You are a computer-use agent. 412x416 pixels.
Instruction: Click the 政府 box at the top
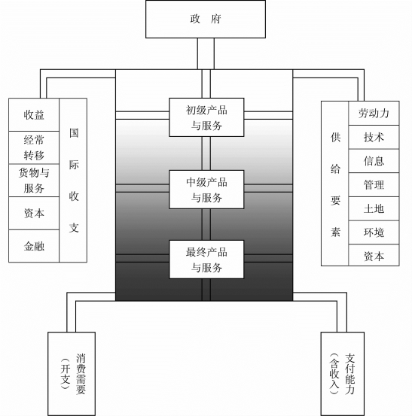click(206, 19)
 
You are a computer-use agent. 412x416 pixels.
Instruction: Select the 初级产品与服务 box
click(206, 117)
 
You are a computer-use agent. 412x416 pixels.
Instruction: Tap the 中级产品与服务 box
click(206, 190)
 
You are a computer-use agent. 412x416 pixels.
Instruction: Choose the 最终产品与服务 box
click(206, 260)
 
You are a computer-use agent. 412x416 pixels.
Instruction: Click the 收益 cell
click(34, 114)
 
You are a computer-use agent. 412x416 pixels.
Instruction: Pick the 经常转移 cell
click(34, 147)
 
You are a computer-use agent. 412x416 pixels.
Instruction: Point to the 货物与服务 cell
click(34, 181)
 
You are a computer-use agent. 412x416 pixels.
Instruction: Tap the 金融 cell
click(34, 246)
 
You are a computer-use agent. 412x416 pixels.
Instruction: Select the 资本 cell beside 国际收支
click(34, 214)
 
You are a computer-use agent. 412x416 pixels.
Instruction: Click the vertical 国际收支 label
click(74, 181)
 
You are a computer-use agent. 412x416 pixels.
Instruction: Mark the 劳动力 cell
click(374, 114)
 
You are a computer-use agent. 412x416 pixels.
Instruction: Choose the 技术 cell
click(374, 137)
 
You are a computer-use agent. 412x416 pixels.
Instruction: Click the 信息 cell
click(374, 161)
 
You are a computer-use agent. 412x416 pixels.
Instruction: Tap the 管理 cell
click(374, 185)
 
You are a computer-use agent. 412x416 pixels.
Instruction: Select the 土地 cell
click(374, 209)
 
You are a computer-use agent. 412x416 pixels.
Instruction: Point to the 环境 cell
click(374, 232)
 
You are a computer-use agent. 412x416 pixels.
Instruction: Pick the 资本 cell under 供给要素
click(374, 257)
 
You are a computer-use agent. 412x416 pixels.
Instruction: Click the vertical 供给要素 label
click(335, 184)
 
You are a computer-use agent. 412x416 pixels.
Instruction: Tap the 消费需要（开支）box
click(72, 374)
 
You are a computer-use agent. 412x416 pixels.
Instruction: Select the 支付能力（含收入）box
click(343, 374)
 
